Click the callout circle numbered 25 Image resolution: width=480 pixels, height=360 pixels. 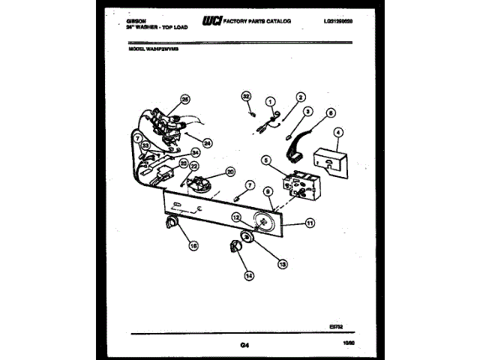coord(185,98)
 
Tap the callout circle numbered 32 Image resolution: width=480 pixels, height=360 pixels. coord(245,96)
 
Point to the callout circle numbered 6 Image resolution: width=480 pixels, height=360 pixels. coord(331,113)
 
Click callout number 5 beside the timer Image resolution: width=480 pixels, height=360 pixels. coord(265,160)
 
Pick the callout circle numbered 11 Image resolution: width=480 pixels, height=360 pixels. coord(310,223)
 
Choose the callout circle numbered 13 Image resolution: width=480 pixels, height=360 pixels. coord(282,263)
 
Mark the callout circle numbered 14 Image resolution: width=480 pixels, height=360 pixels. coord(250,275)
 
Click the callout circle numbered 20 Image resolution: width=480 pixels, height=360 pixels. coord(230,171)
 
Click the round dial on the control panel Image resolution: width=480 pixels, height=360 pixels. coord(263,222)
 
